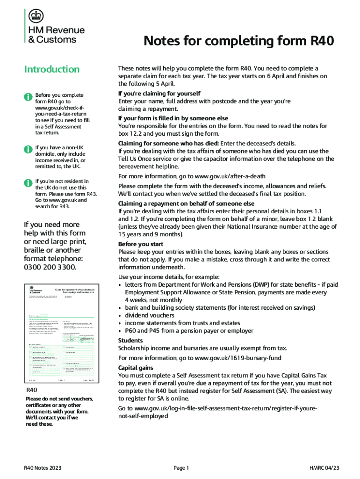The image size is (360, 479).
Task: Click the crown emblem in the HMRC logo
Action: pos(35,17)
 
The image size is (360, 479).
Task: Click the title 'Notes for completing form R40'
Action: pos(238,42)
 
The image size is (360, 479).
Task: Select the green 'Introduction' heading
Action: pos(52,69)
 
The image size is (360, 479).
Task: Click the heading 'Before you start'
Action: pos(141,244)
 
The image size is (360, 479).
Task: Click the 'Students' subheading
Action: pos(130,341)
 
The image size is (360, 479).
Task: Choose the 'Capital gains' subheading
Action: pos(135,368)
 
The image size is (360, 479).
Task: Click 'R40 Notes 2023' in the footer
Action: pos(43,468)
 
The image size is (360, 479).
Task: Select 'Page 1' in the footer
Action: pos(181,468)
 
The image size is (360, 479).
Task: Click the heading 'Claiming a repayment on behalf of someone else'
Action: pos(186,203)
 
